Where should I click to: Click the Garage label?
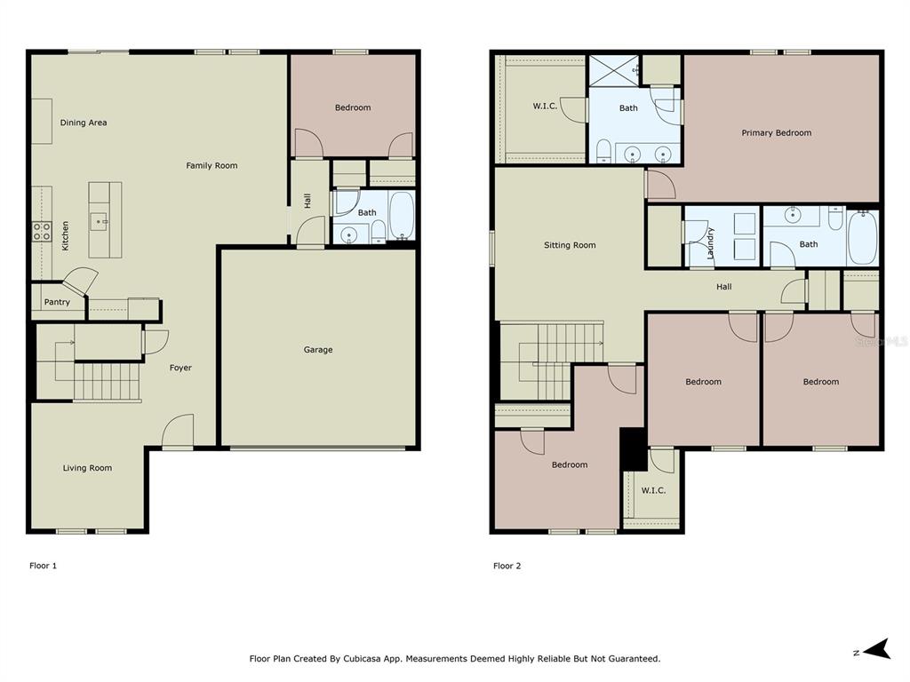tap(318, 350)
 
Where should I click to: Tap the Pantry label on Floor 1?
tap(57, 302)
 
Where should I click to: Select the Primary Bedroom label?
tap(777, 133)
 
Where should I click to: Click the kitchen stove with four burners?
tap(42, 232)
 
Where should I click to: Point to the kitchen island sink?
tap(99, 221)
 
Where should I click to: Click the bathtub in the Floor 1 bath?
tap(401, 215)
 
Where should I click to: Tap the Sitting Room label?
tap(570, 245)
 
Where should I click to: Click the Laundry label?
tap(710, 243)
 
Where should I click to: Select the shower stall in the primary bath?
tap(614, 71)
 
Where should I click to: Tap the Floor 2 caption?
tap(507, 566)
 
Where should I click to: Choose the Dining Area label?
tap(84, 123)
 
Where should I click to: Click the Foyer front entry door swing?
tap(177, 431)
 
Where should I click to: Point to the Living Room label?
tap(88, 468)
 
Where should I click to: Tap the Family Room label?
tap(212, 166)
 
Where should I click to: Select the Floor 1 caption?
tap(43, 566)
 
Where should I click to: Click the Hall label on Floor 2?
tap(723, 287)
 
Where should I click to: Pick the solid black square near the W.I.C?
tap(633, 449)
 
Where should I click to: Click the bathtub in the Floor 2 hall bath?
tap(862, 238)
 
